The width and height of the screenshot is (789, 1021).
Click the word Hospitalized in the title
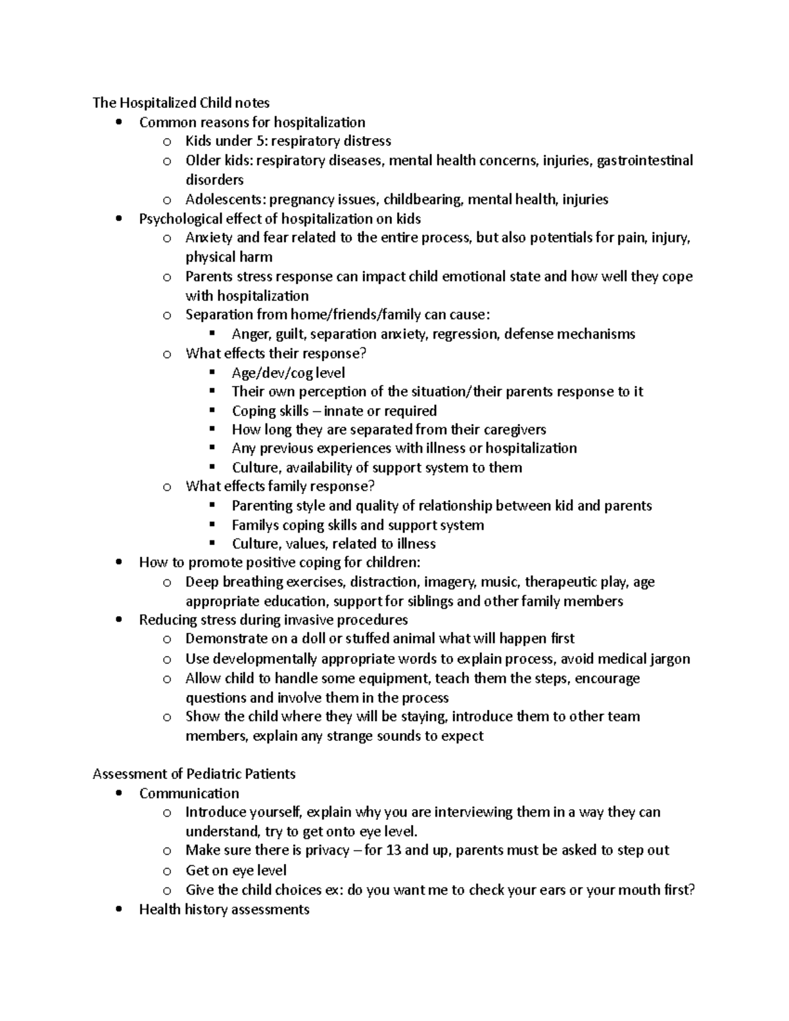[157, 103]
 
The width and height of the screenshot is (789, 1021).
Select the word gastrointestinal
[644, 160]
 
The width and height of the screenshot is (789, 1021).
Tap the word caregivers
[515, 430]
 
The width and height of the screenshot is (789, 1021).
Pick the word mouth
[631, 890]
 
